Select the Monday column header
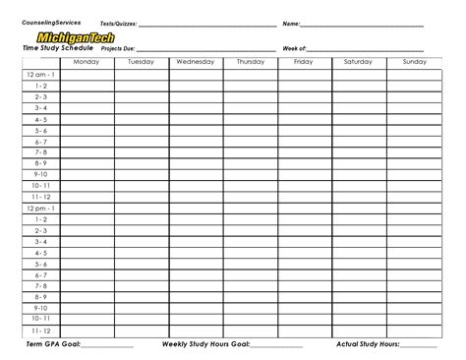point(87,62)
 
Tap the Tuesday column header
point(141,62)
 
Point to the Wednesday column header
point(195,62)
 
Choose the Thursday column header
point(250,62)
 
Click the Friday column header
point(303,62)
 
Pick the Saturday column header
point(358,62)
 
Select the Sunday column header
point(414,62)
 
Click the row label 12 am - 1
point(41,75)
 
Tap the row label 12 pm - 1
point(41,209)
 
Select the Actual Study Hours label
point(368,345)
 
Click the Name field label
point(291,23)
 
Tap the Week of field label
point(295,47)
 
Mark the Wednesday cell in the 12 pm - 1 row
point(195,209)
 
